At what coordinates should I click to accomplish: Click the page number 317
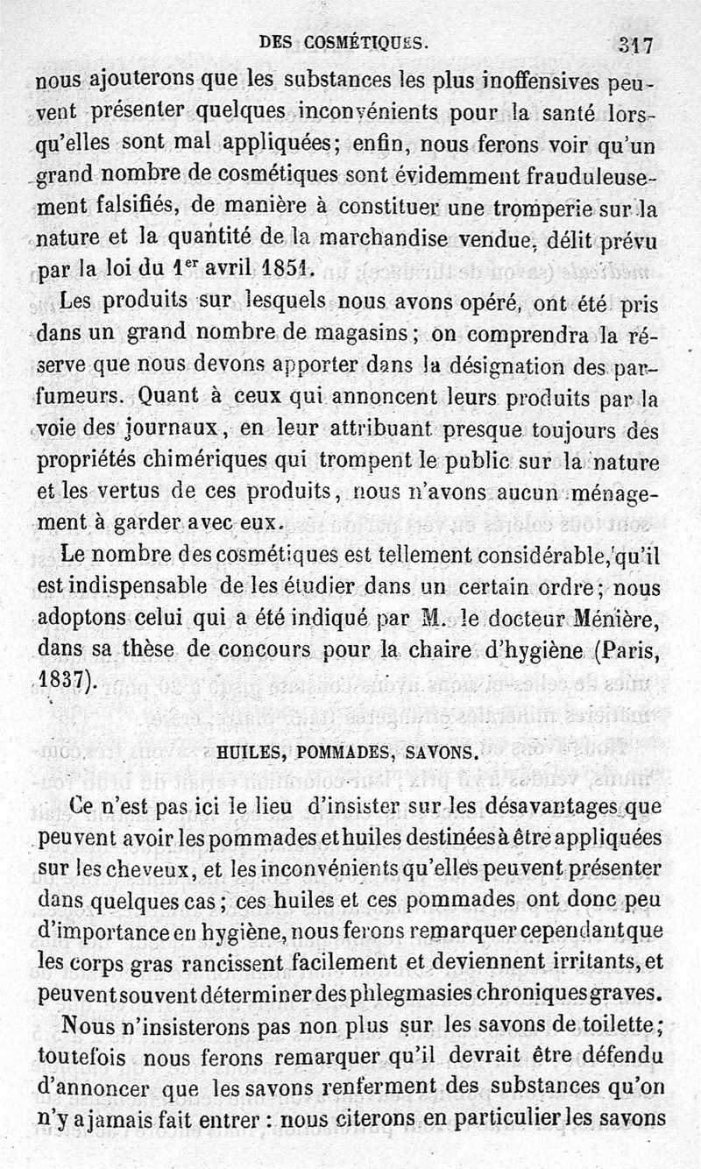point(634,45)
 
